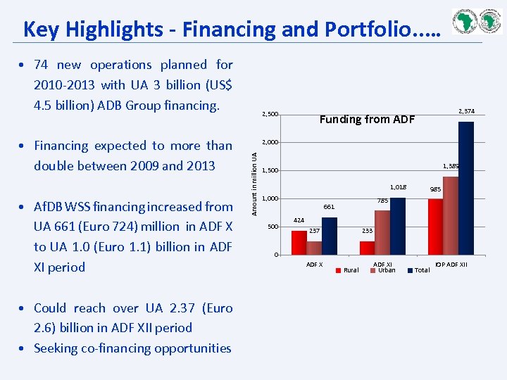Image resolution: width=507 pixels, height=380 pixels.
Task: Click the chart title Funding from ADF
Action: (367, 119)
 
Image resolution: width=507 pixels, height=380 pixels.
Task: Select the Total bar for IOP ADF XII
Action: (465, 188)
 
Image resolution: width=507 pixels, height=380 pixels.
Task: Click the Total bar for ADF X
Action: (329, 236)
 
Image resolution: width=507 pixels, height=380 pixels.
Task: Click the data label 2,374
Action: (466, 111)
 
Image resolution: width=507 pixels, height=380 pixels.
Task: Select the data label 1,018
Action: (398, 187)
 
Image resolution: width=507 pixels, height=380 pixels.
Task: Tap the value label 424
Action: (299, 220)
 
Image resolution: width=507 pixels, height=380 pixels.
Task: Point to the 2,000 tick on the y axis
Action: (270, 143)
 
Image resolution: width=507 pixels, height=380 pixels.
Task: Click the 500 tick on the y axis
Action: (273, 227)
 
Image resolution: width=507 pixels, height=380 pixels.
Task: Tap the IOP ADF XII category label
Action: (451, 265)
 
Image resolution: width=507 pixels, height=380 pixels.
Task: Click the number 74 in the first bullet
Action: (41, 65)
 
